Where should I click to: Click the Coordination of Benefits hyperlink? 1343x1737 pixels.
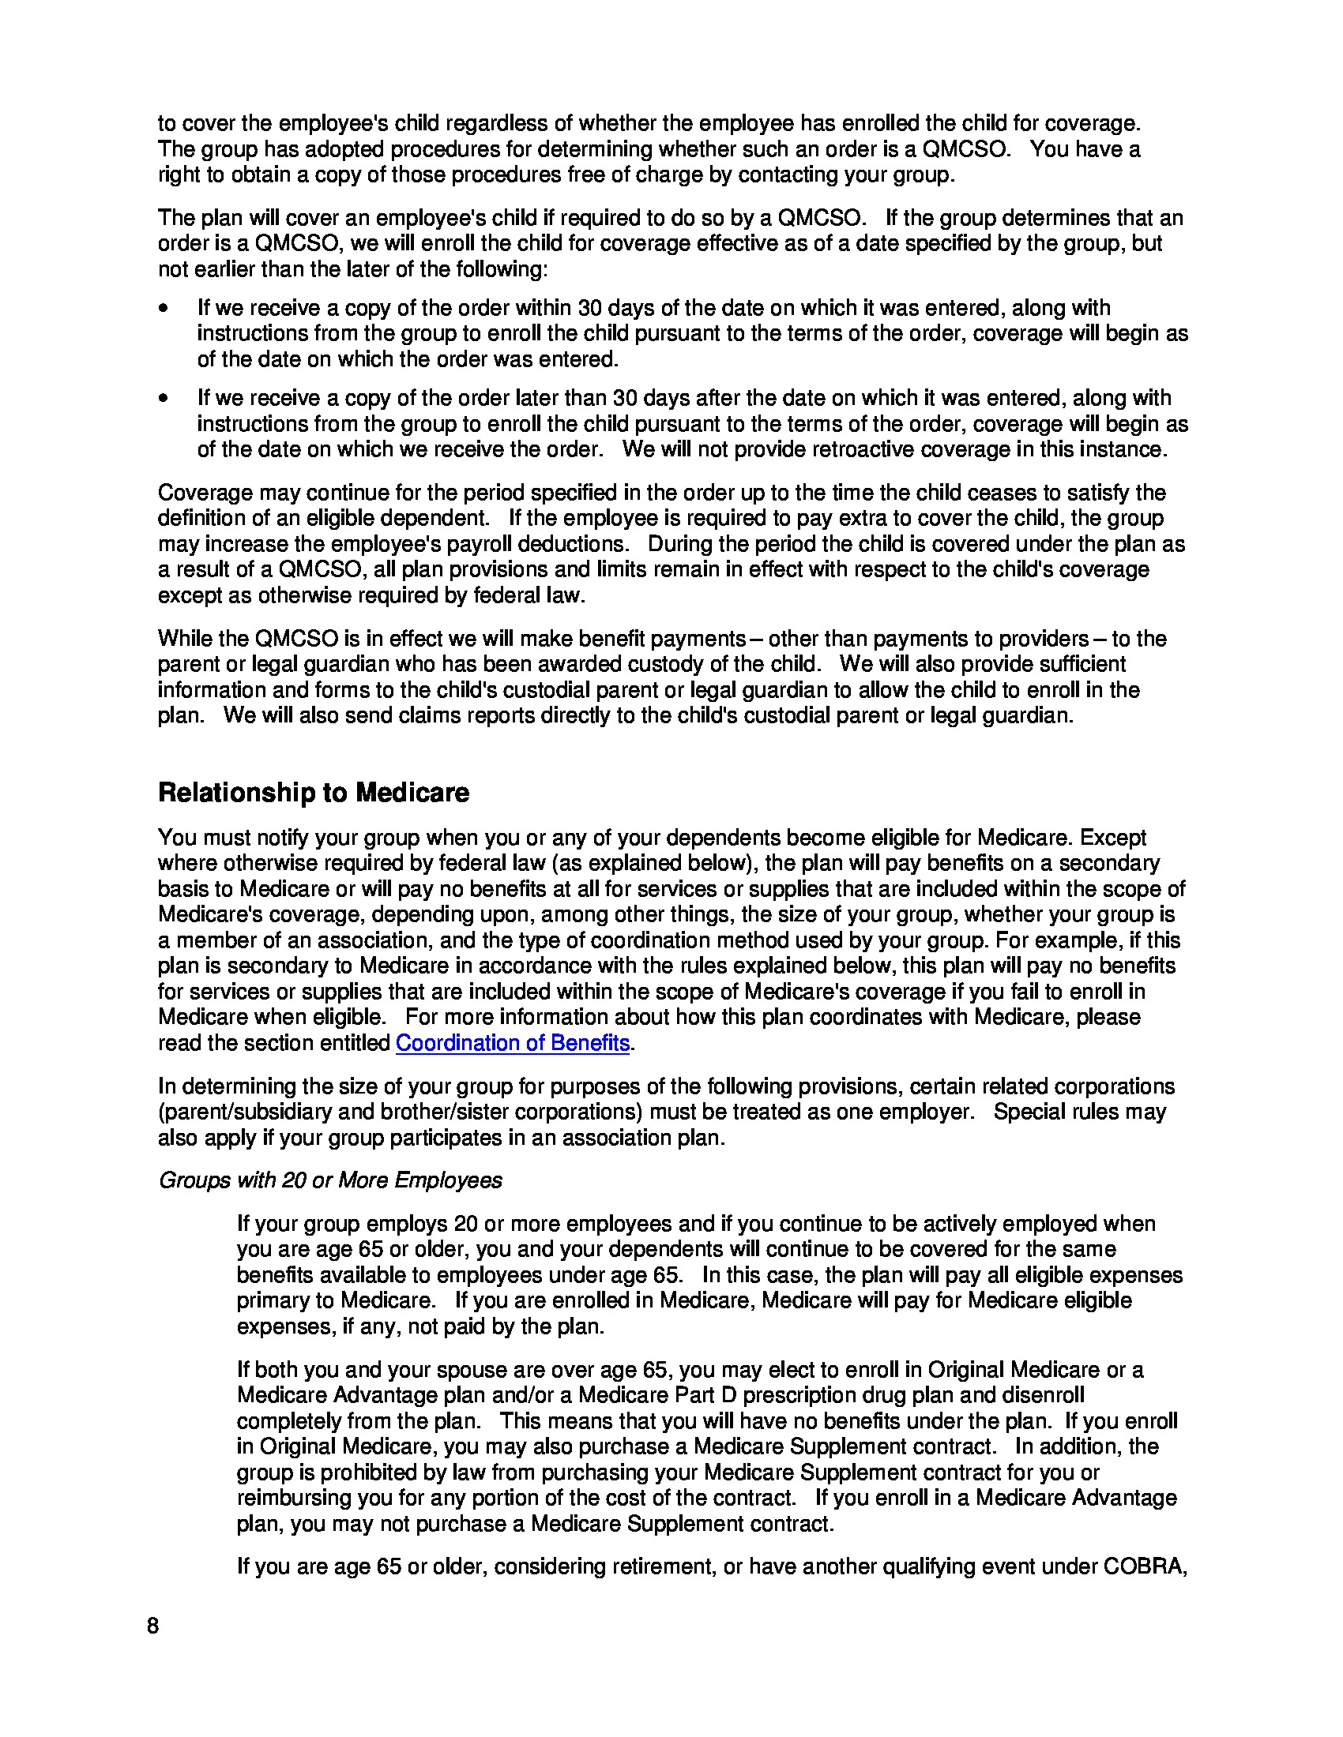tap(513, 1043)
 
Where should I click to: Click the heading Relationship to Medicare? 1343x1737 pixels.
tap(314, 793)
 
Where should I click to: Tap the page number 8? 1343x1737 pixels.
tap(152, 1626)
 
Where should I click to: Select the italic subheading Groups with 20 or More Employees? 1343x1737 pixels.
tap(330, 1180)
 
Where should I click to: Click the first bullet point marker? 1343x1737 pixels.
tap(164, 309)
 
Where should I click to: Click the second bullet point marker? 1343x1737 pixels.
tap(164, 399)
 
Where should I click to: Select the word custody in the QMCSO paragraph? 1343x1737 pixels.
tap(708, 664)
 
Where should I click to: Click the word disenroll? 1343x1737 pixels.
tap(1043, 1395)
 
